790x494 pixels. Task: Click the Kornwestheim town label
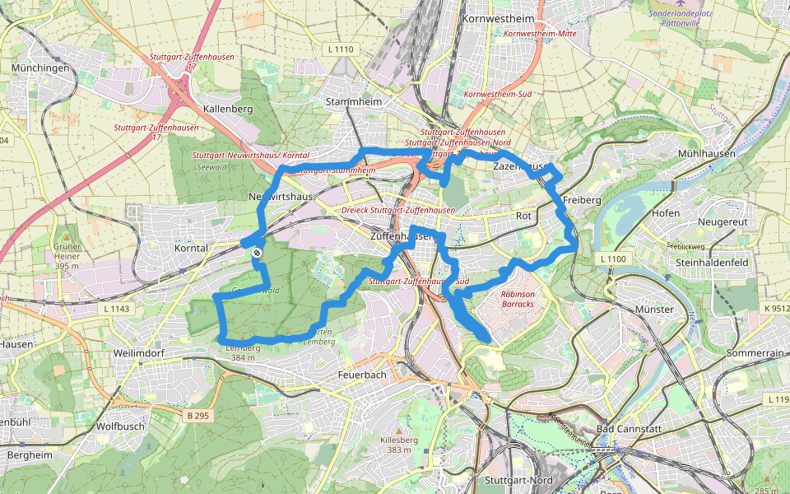(499, 19)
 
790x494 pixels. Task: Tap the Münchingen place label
(40, 68)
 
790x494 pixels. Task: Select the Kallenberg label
(227, 109)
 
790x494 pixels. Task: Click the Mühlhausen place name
(706, 155)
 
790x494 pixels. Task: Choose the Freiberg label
(583, 200)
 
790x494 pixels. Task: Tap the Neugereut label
(722, 222)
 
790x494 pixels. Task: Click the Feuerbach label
(362, 375)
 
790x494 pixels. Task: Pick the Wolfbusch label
(120, 426)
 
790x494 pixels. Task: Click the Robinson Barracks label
(518, 299)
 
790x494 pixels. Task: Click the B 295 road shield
(198, 416)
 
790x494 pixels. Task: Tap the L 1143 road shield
(118, 309)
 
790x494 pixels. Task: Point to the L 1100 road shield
(613, 259)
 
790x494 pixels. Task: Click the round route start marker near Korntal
(258, 254)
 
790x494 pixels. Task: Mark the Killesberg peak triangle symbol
(399, 431)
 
